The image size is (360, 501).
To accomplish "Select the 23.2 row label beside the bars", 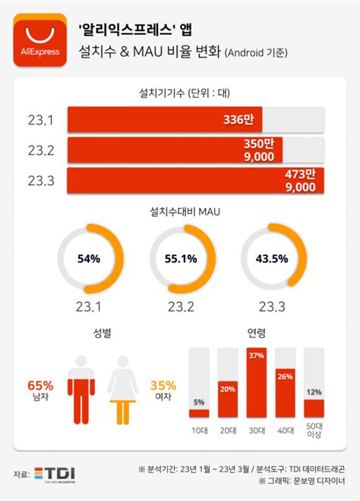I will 39,150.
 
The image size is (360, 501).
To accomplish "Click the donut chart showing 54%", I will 89,259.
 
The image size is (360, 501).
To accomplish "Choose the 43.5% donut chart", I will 271,259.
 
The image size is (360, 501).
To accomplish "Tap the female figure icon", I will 122,389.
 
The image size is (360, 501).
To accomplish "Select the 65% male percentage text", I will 39,384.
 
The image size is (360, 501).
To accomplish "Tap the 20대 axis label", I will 227,430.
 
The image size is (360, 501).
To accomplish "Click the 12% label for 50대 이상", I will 314,392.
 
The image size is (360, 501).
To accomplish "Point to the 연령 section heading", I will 257,332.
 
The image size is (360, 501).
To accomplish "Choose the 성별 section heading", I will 101,332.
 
